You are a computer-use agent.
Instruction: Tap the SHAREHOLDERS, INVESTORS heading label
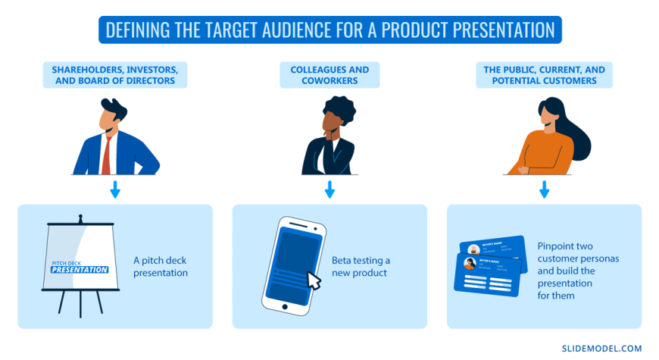(x=116, y=75)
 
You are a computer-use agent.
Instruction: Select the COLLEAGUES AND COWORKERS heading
(x=329, y=75)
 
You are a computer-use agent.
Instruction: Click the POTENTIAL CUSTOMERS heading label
(x=544, y=75)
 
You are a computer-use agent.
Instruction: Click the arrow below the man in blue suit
(x=115, y=189)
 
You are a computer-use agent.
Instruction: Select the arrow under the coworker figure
(x=329, y=189)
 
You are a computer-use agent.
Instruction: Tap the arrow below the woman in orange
(x=544, y=189)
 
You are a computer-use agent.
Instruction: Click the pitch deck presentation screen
(x=79, y=257)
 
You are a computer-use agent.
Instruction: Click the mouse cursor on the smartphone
(x=312, y=280)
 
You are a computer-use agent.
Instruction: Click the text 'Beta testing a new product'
(x=361, y=266)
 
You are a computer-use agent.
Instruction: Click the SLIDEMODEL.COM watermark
(x=601, y=348)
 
